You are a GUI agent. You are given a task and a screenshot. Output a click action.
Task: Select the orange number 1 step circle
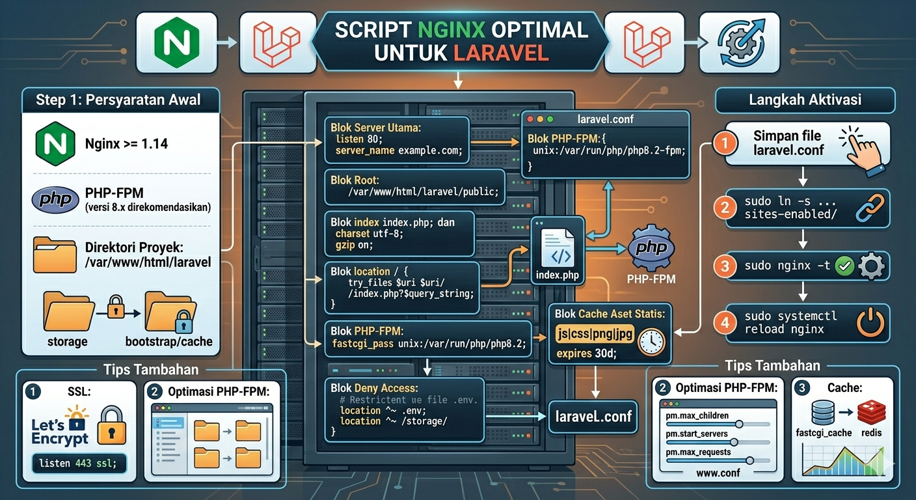point(723,143)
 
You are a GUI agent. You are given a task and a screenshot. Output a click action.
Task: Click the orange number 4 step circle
point(724,322)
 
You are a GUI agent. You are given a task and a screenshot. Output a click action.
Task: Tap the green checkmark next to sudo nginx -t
point(844,266)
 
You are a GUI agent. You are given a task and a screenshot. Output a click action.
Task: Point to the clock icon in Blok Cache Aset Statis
point(651,342)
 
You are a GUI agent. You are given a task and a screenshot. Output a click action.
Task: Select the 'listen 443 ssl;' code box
point(79,463)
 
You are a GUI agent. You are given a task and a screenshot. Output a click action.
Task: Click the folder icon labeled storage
point(66,312)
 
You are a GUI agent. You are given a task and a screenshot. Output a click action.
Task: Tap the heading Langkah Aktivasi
point(805,100)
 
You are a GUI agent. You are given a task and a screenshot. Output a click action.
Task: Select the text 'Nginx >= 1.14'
point(126,143)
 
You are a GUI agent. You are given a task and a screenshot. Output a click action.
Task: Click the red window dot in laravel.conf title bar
point(530,120)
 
